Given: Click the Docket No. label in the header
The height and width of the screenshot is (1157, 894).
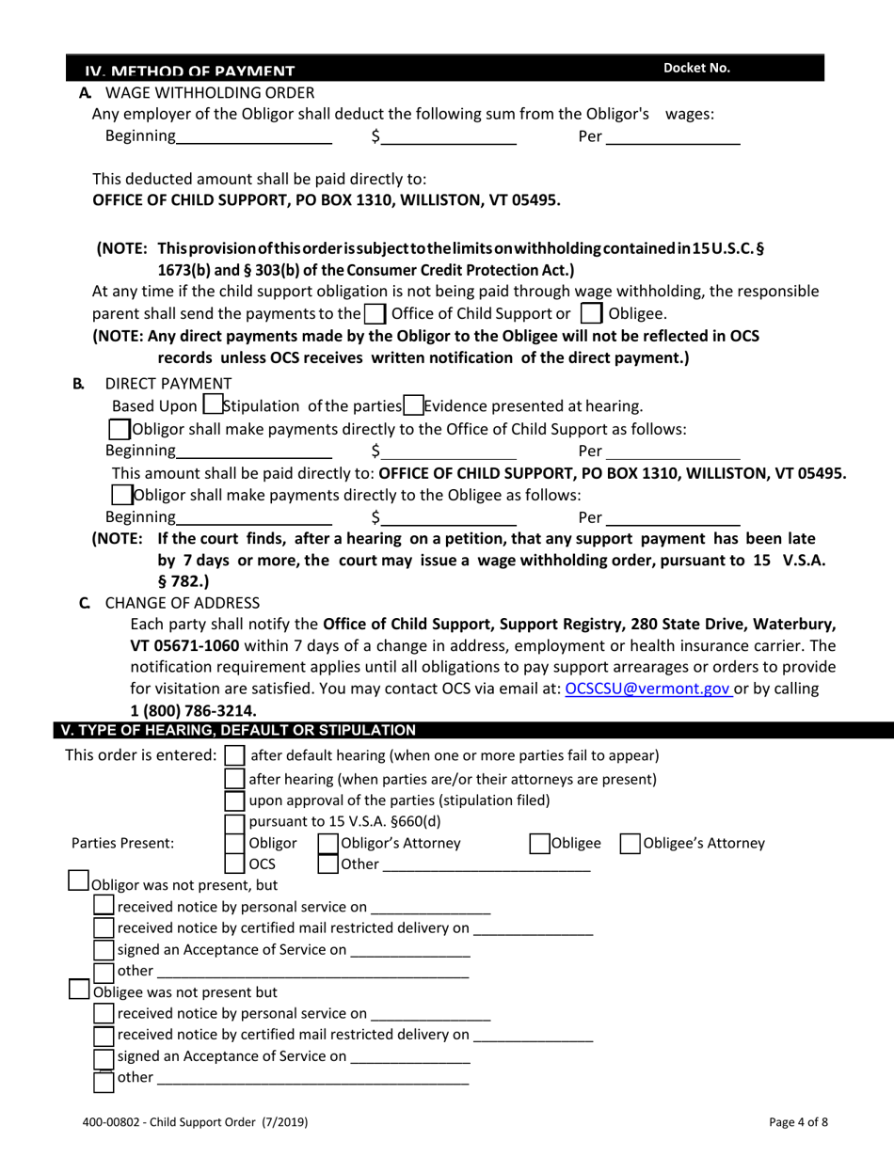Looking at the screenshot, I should (696, 68).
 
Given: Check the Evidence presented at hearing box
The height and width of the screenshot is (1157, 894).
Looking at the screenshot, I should (411, 406).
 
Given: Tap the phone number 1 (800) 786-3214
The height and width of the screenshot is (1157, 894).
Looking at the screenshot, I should (193, 710).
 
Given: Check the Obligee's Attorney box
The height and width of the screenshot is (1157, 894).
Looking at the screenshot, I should (629, 844).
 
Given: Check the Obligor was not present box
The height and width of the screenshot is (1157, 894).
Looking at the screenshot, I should (81, 883).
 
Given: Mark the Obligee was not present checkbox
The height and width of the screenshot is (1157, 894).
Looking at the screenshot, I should (81, 991).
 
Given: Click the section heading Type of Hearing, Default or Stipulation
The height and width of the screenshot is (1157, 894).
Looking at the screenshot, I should (251, 729).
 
